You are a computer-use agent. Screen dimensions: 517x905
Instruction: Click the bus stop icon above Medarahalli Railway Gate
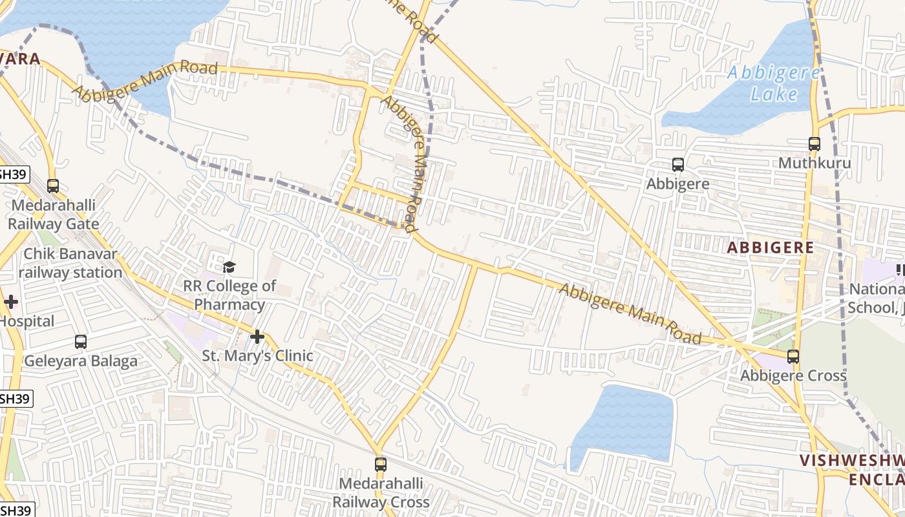(53, 186)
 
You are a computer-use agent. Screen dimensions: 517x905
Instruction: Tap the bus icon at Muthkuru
(814, 144)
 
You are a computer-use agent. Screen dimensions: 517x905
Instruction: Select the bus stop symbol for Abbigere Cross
(793, 356)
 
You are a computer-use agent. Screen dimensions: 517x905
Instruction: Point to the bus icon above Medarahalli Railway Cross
(381, 464)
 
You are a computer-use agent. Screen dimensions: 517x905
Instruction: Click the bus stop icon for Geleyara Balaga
(81, 342)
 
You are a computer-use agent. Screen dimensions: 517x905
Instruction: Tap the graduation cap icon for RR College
(229, 267)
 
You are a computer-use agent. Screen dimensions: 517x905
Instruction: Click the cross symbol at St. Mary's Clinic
(257, 337)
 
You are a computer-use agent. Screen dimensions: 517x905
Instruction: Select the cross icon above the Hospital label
(10, 302)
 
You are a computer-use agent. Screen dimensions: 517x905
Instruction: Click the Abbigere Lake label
(773, 83)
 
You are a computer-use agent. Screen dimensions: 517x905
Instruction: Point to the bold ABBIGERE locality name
(770, 248)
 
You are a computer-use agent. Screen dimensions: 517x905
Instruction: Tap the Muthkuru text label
(814, 163)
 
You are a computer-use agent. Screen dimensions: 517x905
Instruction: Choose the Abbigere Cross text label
(793, 375)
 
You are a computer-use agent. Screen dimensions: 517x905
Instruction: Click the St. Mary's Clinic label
(257, 355)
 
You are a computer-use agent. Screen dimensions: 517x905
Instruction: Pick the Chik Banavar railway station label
(70, 263)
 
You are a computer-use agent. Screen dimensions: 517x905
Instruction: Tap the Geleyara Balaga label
(81, 361)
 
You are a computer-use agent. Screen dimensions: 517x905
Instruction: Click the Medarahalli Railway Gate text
(53, 215)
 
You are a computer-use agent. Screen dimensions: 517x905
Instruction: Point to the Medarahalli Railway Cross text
(381, 492)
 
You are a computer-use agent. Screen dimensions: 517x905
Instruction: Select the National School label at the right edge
(876, 298)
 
